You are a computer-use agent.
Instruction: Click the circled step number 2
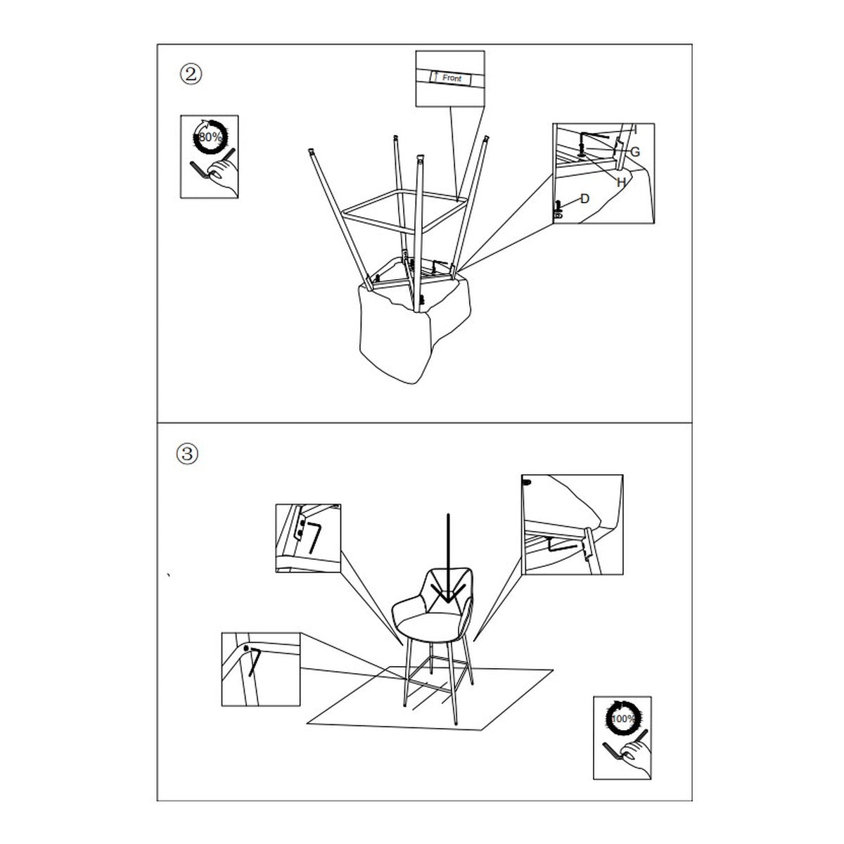191,75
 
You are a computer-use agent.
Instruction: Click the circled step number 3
187,454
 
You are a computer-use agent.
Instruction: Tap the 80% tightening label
210,137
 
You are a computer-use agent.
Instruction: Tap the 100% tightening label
622,719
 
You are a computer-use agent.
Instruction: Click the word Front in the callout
452,78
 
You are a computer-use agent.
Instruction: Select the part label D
584,199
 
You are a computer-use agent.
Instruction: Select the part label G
635,152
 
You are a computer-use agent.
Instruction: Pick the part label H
620,182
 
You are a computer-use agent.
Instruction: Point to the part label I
635,129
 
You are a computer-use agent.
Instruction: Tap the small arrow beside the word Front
435,76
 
